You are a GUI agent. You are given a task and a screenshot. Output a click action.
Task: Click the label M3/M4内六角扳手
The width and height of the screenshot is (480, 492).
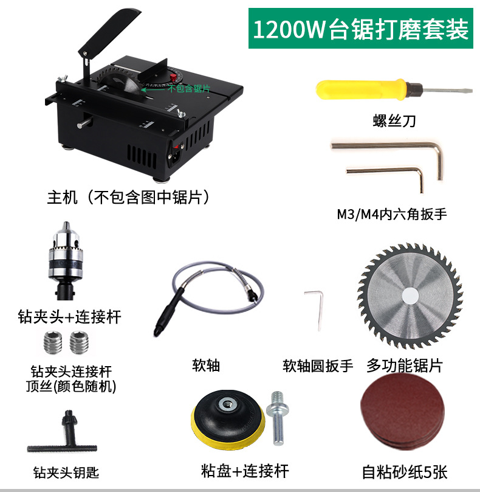coord(395,214)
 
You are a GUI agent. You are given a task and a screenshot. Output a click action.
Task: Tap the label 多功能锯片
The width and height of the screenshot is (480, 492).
coord(405,365)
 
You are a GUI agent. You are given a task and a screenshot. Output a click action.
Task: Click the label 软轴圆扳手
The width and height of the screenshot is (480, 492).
coord(318,366)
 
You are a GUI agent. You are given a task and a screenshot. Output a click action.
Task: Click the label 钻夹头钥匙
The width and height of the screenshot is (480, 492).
coord(66,472)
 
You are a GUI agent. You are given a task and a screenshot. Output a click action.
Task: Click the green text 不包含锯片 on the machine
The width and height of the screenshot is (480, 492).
coord(189,89)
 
